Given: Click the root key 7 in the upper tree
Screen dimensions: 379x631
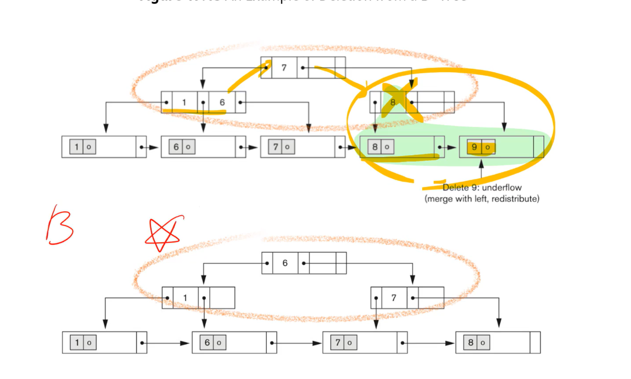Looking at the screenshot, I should [284, 68].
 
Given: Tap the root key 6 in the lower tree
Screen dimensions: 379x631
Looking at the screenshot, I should [285, 263].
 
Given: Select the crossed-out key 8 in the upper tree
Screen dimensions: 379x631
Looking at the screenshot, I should [393, 102].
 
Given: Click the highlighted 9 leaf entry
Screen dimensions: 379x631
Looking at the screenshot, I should [474, 147].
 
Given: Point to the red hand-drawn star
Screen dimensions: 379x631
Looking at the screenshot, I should [163, 233].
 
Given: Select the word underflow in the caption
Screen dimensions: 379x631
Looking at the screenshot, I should [502, 187].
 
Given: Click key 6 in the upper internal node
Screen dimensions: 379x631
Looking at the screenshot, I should [222, 102].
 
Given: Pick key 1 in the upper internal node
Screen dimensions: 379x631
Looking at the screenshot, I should [184, 102].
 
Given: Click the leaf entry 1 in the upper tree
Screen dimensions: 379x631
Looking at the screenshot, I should [77, 147].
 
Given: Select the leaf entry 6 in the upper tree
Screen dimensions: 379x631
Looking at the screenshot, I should [176, 147].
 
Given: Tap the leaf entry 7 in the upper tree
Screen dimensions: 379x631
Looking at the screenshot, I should [276, 147].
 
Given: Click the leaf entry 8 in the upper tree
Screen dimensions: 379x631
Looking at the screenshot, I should [375, 147].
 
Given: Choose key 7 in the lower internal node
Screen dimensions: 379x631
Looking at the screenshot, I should [394, 298].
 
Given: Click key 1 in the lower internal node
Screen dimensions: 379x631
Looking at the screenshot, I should [185, 298].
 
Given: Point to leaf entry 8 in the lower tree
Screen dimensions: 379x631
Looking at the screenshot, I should [471, 343].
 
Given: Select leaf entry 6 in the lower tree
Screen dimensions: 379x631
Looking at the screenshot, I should [207, 343].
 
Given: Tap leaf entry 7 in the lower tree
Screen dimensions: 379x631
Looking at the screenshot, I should [338, 343].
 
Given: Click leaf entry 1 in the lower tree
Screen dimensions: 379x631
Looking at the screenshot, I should [77, 343].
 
